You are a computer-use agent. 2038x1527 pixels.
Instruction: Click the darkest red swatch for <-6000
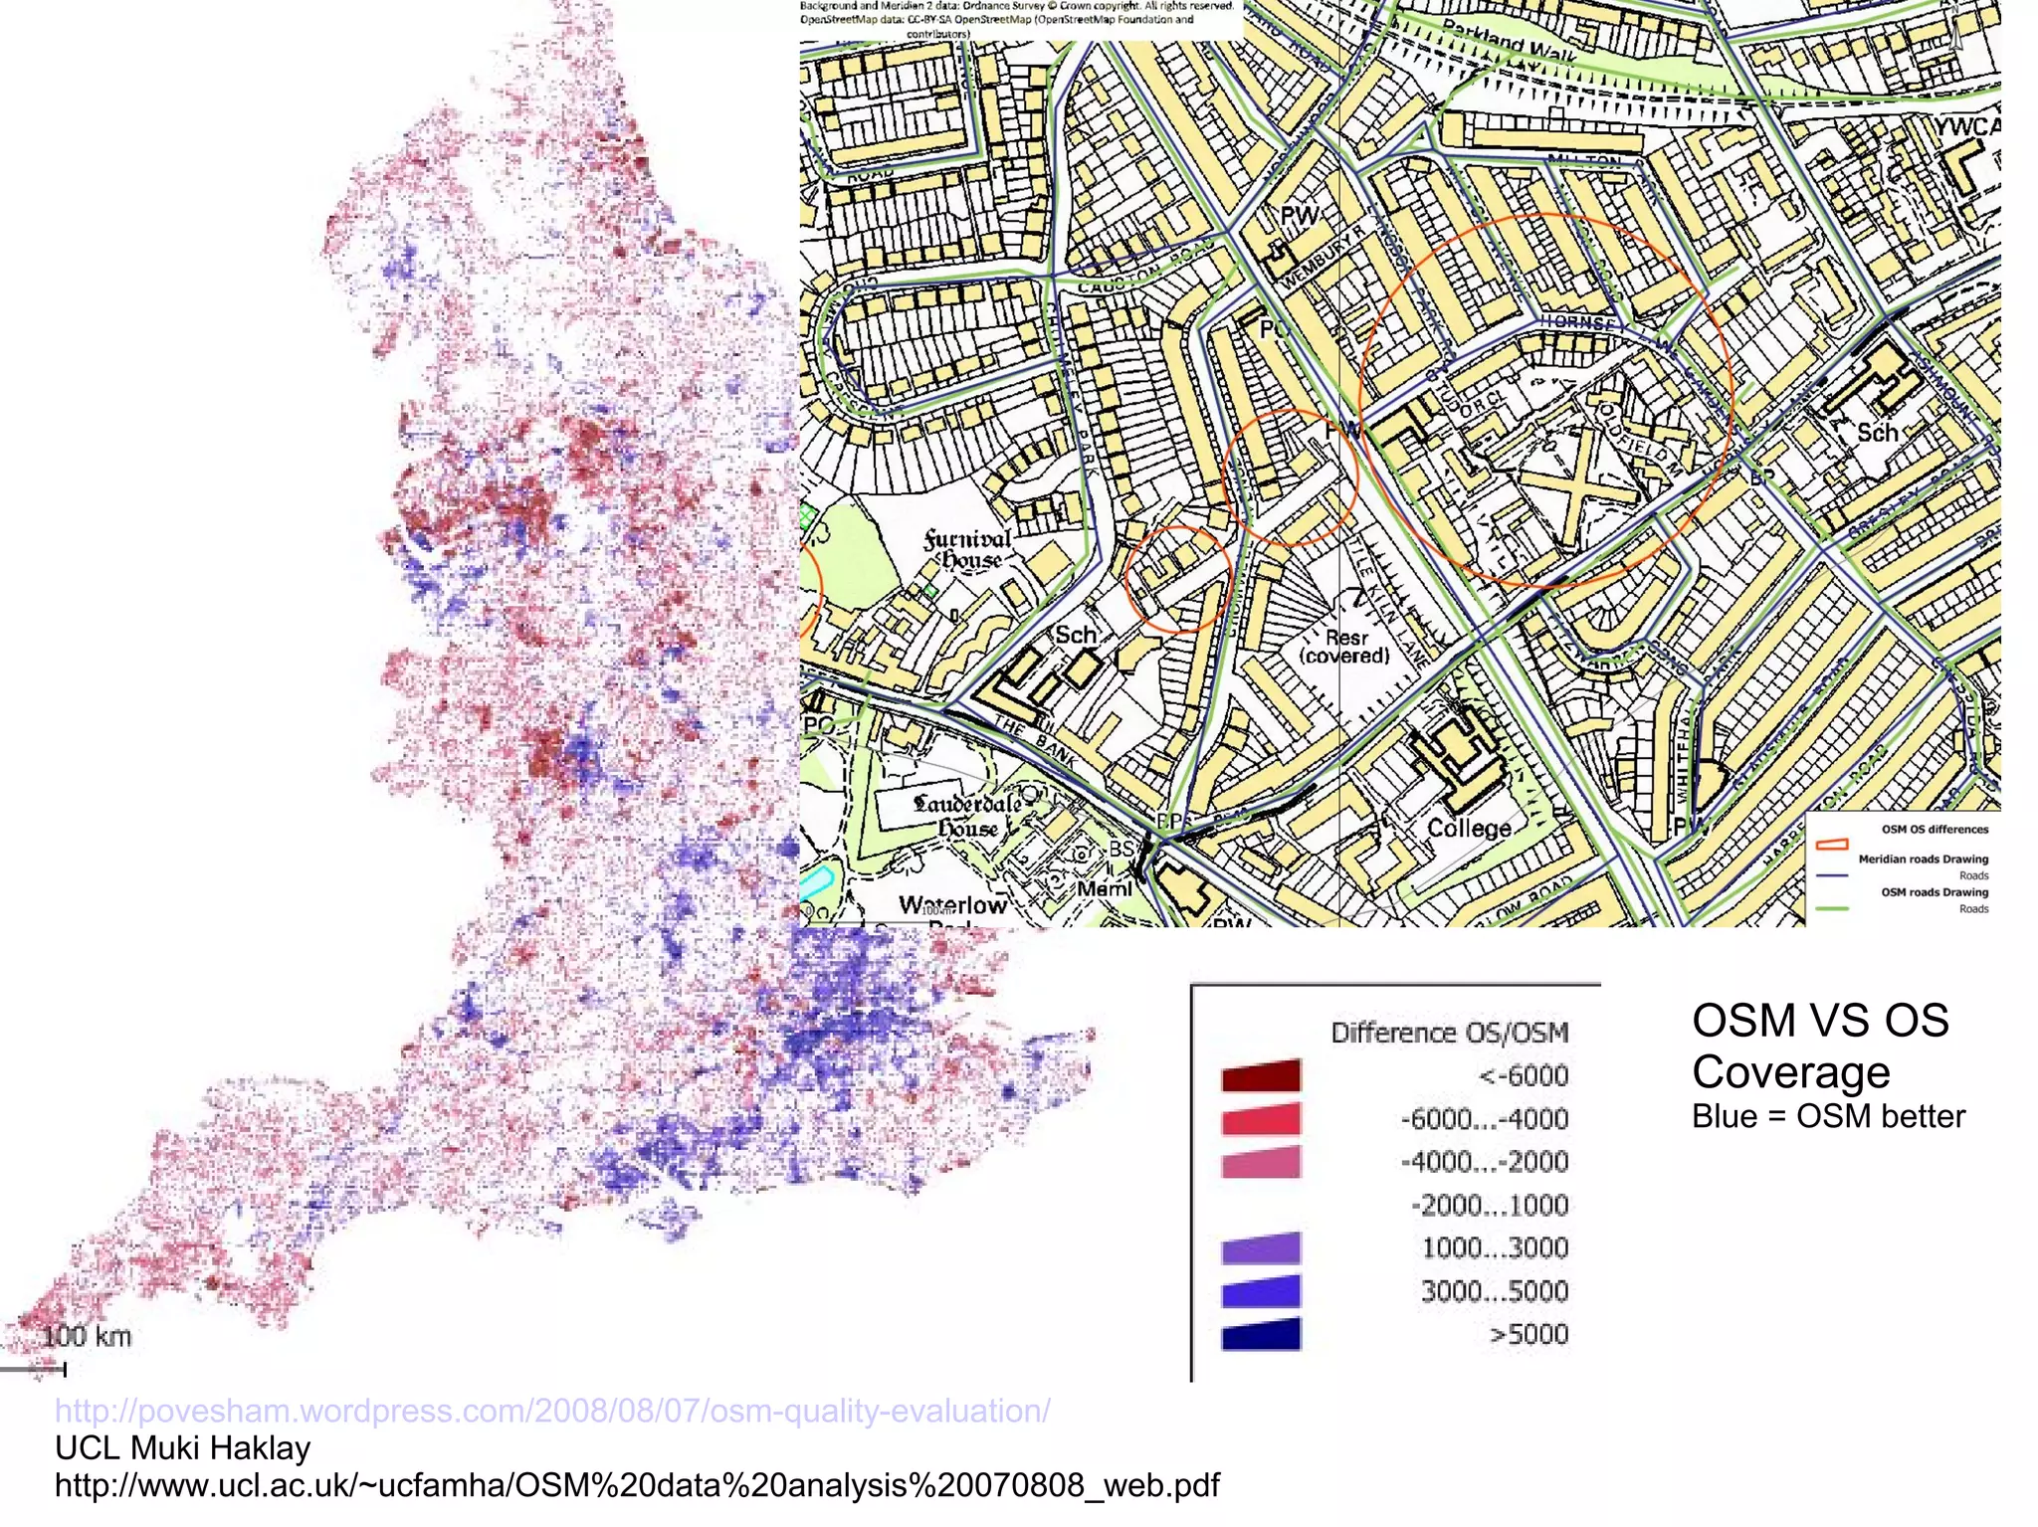[1260, 1075]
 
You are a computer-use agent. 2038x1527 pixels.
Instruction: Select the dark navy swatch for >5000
[1260, 1334]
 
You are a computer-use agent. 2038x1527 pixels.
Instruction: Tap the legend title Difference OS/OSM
[1449, 1033]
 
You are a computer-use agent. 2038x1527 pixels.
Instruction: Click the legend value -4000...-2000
[1484, 1162]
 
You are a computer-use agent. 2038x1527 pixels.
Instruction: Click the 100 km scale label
[87, 1336]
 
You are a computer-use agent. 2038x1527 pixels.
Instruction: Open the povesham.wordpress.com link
[552, 1411]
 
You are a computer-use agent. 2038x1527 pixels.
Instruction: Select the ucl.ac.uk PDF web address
[637, 1485]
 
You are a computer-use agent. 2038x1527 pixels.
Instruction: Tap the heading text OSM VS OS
[1820, 1021]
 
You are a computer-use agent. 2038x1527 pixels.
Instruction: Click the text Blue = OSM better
[1828, 1116]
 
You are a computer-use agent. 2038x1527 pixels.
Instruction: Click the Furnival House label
[966, 549]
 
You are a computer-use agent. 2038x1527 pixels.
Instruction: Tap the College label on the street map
[1469, 829]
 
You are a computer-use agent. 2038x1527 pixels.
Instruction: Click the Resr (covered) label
[1345, 647]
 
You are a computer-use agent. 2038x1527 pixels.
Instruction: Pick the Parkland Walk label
[1509, 41]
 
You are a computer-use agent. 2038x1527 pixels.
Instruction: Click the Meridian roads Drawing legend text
[1923, 859]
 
